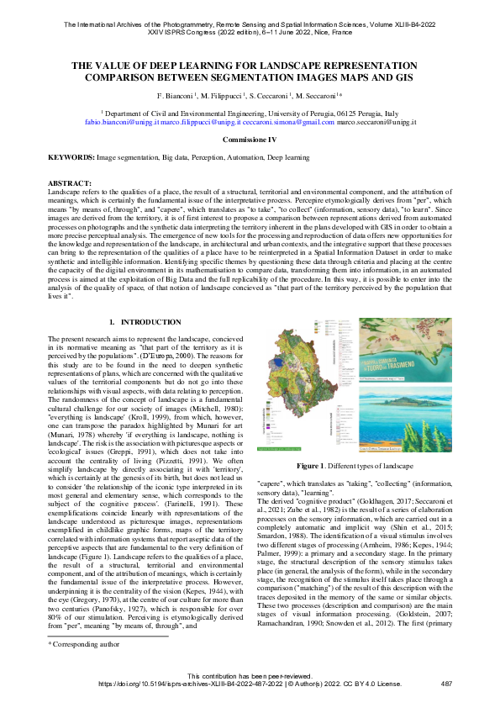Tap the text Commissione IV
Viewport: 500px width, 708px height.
[250, 138]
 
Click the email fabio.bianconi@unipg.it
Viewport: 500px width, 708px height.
[122, 122]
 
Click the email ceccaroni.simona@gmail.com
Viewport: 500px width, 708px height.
[296, 122]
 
